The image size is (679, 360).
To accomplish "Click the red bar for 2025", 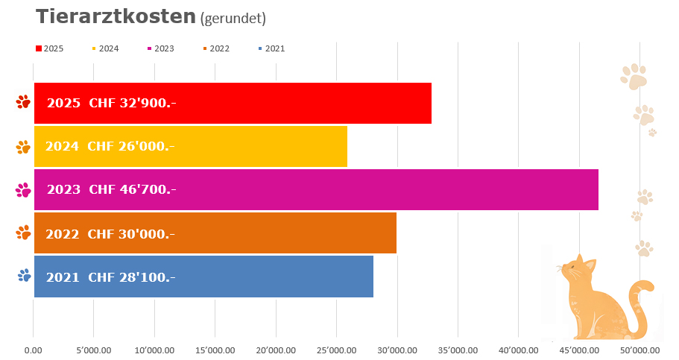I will (x=298, y=103).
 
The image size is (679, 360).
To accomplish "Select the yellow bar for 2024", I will (x=261, y=146).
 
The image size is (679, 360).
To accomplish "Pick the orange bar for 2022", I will (x=283, y=233).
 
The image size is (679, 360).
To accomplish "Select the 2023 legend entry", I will (x=160, y=48).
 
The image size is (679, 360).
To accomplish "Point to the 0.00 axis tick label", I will (x=33, y=349).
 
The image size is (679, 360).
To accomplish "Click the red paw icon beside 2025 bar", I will (x=23, y=102).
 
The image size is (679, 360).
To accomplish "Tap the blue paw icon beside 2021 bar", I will (x=25, y=276).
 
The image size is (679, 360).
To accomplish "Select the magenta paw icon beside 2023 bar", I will (x=23, y=189).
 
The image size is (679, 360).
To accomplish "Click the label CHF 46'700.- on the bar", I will (x=132, y=189).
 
